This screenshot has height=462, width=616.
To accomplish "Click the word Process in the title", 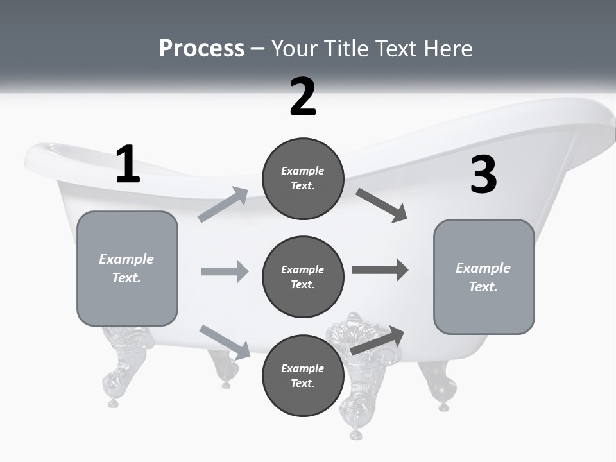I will [201, 49].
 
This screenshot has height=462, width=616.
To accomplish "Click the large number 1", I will [128, 164].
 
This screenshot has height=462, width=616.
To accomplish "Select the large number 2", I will [303, 97].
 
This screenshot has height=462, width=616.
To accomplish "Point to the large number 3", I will [483, 175].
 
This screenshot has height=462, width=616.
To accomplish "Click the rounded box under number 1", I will [127, 268].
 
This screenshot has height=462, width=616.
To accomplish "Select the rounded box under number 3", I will [484, 277].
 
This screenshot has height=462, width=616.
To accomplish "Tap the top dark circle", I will [303, 178].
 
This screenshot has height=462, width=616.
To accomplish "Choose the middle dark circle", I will [303, 277].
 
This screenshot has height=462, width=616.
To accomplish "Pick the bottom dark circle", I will [303, 375].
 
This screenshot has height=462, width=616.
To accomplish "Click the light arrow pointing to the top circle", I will [223, 205].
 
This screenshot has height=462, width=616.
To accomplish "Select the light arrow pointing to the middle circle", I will [225, 271].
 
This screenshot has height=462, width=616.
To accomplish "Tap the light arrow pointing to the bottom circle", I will [225, 342].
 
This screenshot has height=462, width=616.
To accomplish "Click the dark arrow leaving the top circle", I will [381, 205].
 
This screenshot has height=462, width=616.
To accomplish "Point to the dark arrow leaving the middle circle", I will [379, 269].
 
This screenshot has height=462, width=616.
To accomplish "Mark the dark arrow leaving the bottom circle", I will [377, 340].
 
